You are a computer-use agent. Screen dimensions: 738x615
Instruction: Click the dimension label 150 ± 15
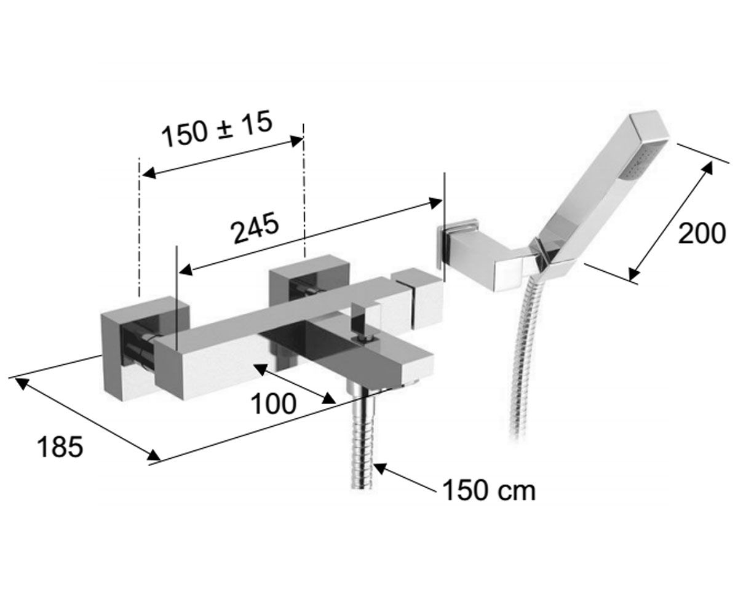tap(217, 129)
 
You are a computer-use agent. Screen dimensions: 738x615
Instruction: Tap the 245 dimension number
tap(255, 228)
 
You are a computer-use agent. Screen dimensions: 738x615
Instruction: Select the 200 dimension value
tap(702, 234)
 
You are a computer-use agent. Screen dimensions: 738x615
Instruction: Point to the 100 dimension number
tap(274, 404)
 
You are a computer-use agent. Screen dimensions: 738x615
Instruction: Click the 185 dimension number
tap(60, 447)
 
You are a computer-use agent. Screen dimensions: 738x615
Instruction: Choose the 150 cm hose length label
tap(489, 490)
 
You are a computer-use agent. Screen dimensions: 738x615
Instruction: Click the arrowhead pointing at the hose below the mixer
tap(379, 468)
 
